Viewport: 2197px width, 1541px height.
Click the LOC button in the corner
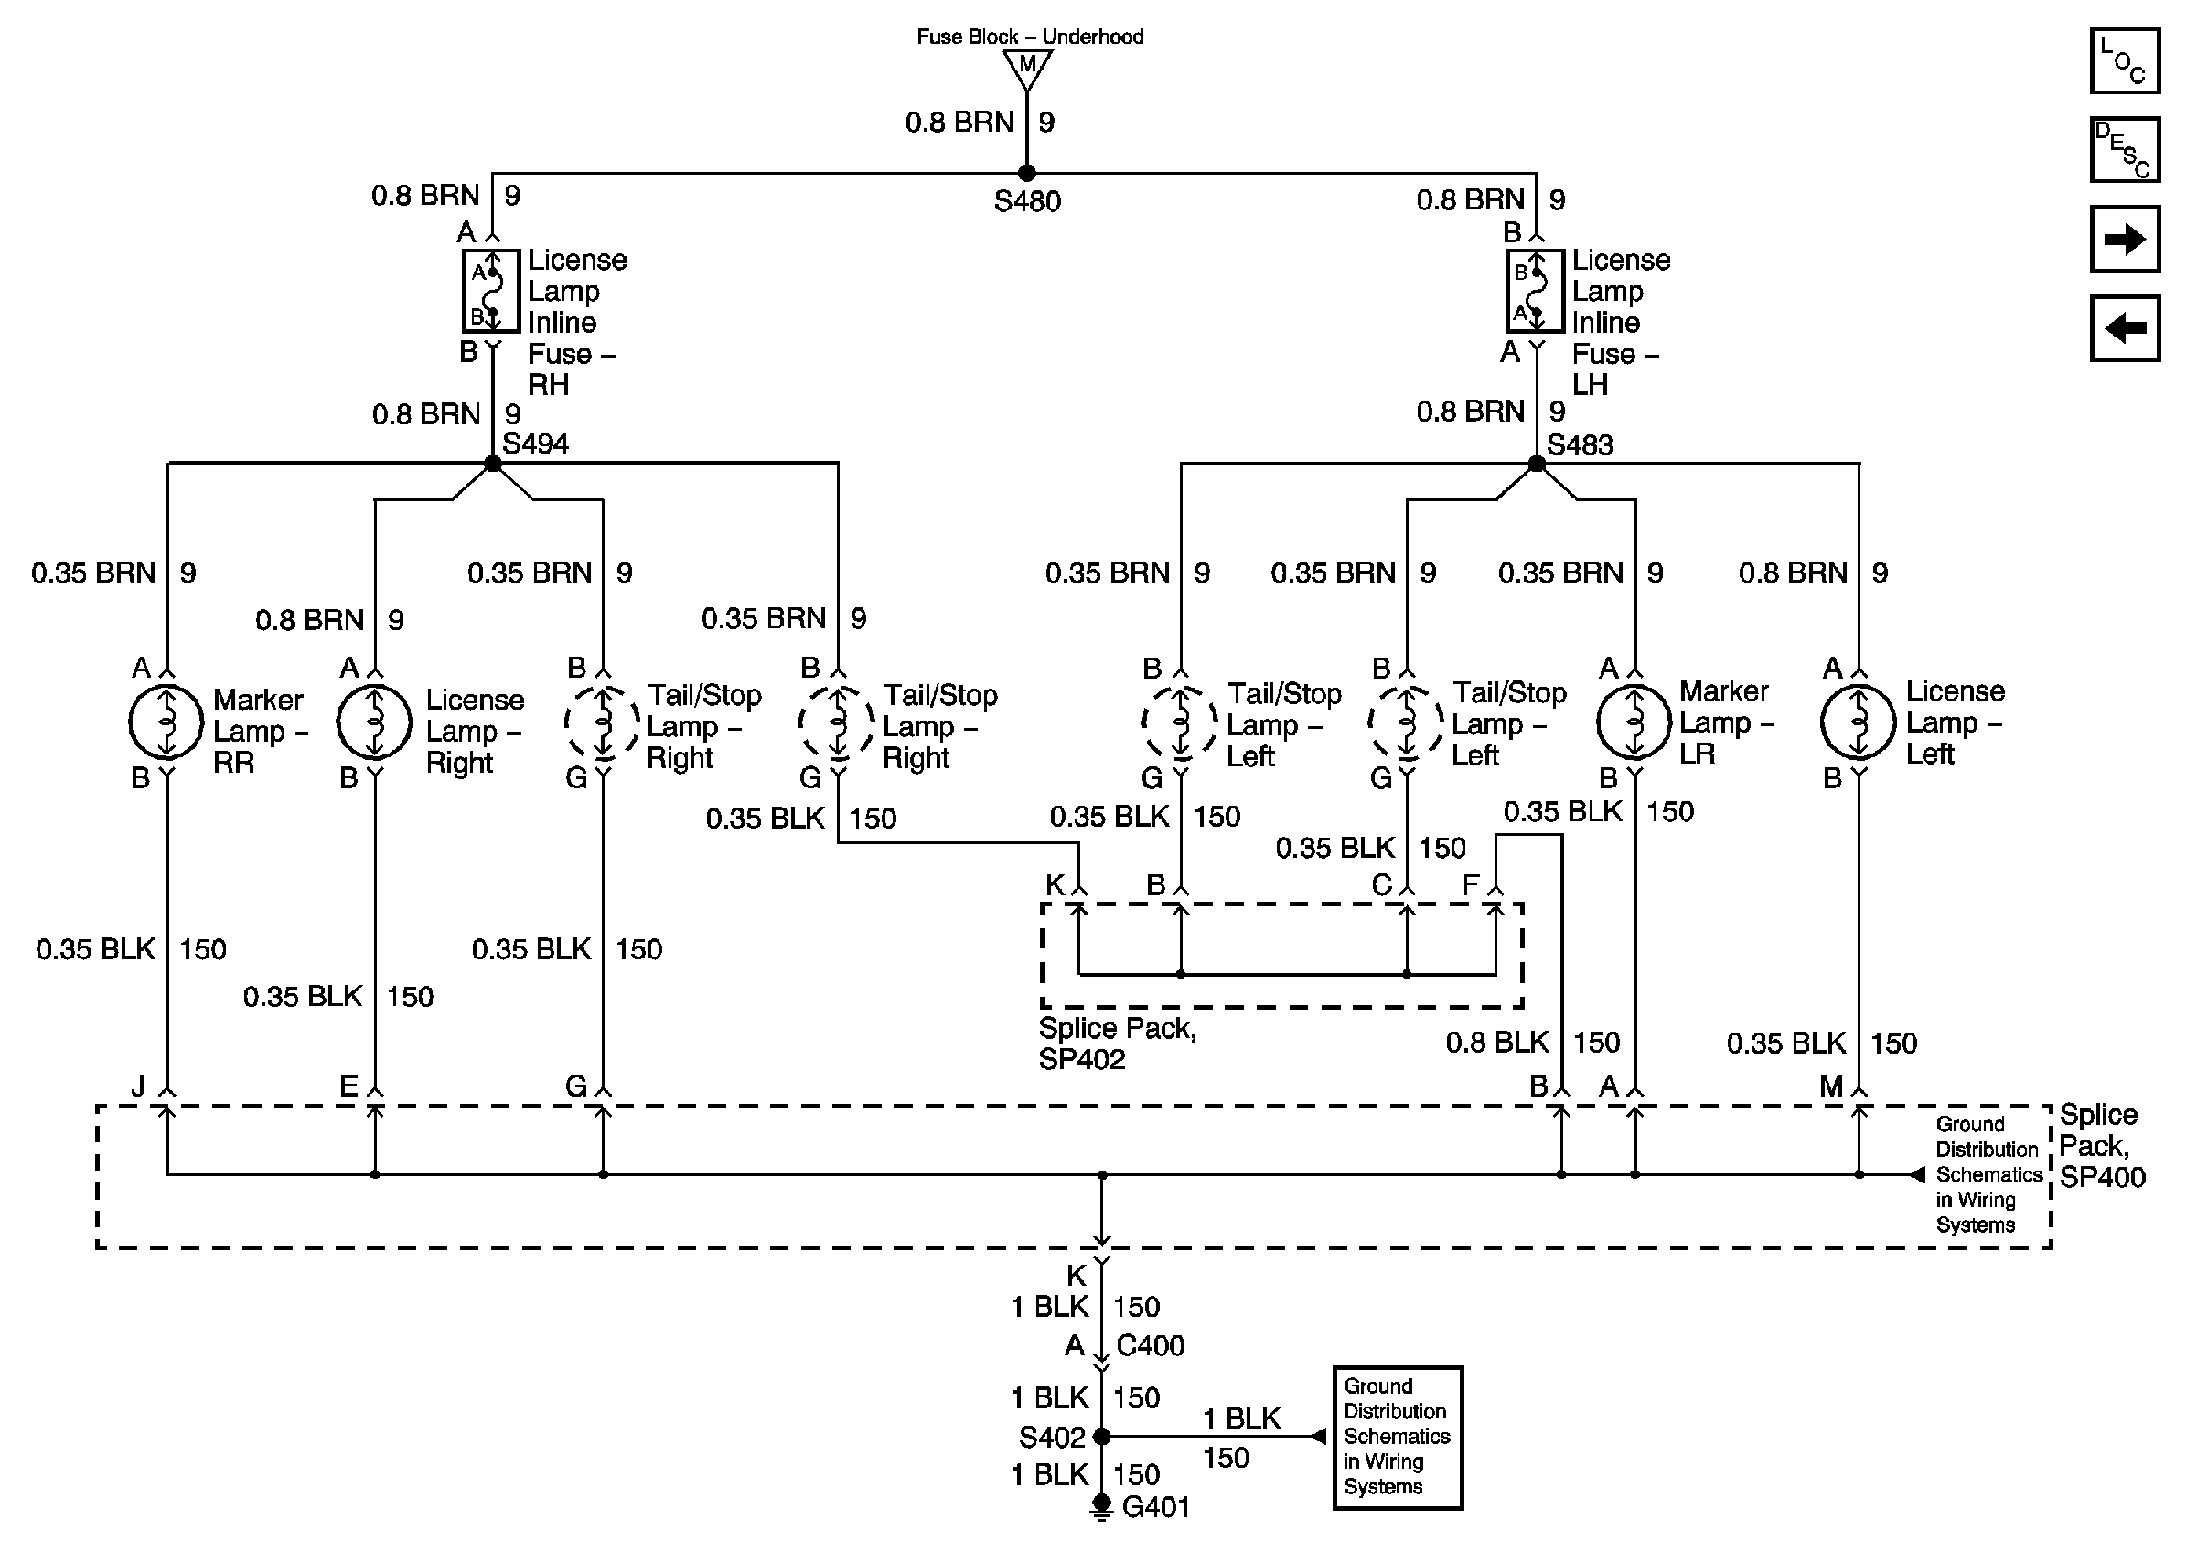click(2123, 60)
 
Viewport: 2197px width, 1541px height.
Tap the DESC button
click(2123, 149)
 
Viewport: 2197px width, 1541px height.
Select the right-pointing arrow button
click(2123, 239)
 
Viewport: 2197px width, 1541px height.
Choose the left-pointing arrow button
click(2123, 328)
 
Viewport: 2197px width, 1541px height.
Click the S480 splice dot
click(1027, 173)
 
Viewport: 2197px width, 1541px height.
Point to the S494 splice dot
click(493, 464)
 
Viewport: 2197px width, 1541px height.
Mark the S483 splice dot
click(1537, 464)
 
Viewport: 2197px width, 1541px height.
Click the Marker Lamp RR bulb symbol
click(166, 722)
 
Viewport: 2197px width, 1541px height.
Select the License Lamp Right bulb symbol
click(374, 722)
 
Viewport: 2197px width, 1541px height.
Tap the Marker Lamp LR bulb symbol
click(1634, 722)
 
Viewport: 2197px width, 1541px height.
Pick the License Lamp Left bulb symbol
click(1859, 722)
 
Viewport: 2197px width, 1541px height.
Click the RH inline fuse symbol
click(491, 291)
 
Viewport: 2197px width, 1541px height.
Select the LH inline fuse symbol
click(1535, 291)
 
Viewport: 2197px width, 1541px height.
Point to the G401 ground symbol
click(1101, 1507)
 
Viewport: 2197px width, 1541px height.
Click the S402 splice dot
click(1101, 1436)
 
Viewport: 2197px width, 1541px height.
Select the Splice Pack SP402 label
click(1117, 1043)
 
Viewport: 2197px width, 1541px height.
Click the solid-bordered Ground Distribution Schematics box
click(1398, 1437)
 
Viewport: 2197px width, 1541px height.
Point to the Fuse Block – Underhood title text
click(1030, 37)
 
